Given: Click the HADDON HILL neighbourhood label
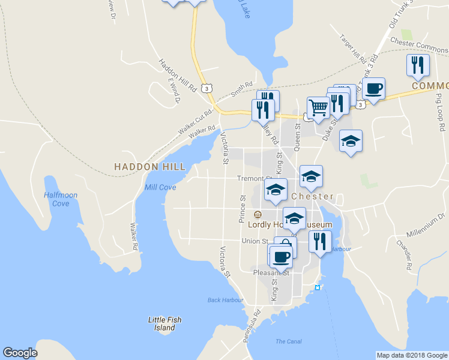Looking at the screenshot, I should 150,166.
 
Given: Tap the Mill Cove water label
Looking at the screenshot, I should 160,187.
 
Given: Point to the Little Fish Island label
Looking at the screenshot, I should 164,324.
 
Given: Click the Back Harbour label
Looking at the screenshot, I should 225,300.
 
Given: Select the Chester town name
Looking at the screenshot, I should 312,196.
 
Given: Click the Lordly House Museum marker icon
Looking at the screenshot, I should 258,214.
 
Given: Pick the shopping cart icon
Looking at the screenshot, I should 318,108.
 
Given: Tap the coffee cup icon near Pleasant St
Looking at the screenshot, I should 280,257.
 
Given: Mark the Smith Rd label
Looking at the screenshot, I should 242,91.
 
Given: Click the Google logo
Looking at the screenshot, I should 20,353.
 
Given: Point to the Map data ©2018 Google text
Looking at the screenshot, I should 412,355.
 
